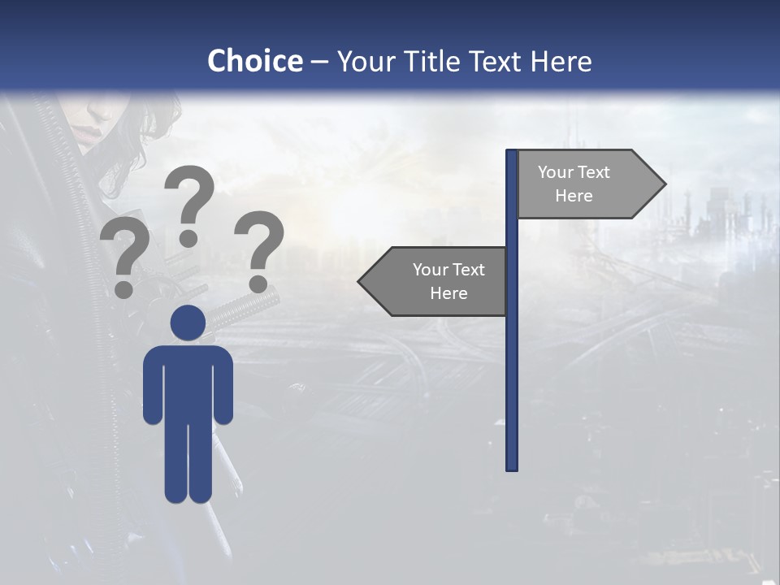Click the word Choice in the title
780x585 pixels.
pos(254,61)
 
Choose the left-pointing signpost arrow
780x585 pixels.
pos(435,281)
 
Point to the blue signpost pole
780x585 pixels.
pos(512,366)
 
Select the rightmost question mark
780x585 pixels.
pos(260,244)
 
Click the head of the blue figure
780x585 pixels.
pos(188,323)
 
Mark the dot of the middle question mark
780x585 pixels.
pos(188,238)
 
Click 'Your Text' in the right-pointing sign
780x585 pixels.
pos(574,172)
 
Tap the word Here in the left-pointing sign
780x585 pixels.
pos(448,293)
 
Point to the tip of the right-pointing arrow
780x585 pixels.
pos(664,184)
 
